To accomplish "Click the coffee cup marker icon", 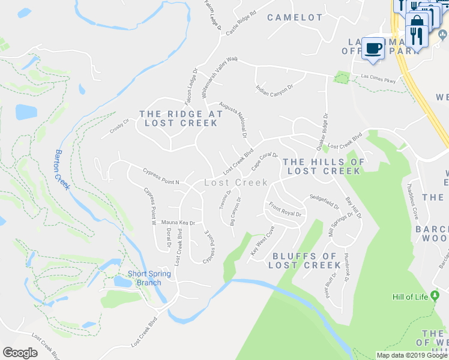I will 373,47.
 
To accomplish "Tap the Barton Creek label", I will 62,169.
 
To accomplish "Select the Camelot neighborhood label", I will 295,17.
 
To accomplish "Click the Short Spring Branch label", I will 149,278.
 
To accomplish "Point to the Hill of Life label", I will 411,296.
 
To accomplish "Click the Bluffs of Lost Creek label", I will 306,260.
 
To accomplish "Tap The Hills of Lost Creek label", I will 324,166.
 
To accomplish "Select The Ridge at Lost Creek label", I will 181,118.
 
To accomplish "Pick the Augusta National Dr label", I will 233,119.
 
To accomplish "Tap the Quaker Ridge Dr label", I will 322,131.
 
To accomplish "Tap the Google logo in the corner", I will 20,353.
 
